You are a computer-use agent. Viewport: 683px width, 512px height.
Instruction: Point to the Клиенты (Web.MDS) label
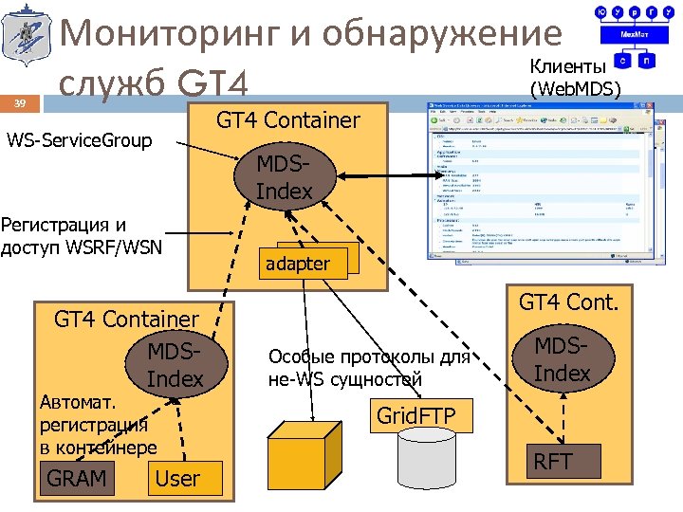pyautogui.click(x=576, y=78)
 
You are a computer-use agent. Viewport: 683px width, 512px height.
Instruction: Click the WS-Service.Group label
pyautogui.click(x=79, y=141)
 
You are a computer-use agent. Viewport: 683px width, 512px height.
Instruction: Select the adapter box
pyautogui.click(x=298, y=263)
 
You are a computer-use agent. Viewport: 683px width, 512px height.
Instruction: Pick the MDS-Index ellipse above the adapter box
pyautogui.click(x=284, y=176)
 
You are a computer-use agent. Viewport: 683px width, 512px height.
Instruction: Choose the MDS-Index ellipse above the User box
pyautogui.click(x=175, y=365)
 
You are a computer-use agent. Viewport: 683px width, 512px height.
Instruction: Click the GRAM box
pyautogui.click(x=76, y=478)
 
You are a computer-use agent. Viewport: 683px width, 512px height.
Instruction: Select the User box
pyautogui.click(x=177, y=478)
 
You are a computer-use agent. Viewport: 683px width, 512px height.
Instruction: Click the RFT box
pyautogui.click(x=552, y=462)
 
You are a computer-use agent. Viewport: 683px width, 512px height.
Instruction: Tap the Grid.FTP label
pyautogui.click(x=415, y=415)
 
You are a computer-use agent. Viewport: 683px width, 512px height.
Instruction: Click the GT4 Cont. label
pyautogui.click(x=568, y=302)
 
